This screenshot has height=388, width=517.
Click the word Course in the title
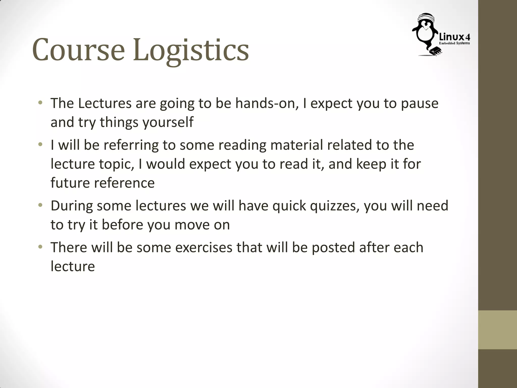(79, 50)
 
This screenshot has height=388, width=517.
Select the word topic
(116, 164)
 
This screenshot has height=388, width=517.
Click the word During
(72, 206)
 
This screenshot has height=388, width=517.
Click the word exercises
(203, 248)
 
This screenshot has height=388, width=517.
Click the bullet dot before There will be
(40, 247)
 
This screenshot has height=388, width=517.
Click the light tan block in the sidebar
(498, 330)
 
